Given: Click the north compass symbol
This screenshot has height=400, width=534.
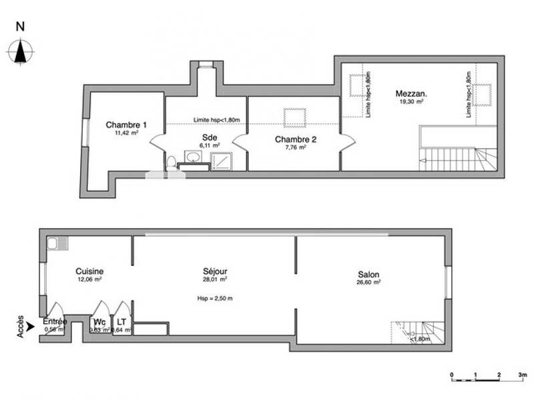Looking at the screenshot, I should click(21, 51).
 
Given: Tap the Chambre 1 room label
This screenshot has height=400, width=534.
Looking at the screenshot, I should click(125, 125).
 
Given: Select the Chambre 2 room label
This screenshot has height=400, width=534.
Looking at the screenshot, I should click(296, 139).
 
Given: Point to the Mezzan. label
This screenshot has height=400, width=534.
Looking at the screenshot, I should click(411, 94).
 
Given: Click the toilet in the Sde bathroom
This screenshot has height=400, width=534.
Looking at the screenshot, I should click(171, 161).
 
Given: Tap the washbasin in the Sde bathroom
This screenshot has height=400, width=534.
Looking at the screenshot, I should click(193, 157).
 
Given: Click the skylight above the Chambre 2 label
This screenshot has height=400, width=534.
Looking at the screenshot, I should click(294, 117).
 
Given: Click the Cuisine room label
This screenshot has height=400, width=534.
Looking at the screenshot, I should click(89, 271).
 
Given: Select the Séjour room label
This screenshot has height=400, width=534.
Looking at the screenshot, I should click(215, 271).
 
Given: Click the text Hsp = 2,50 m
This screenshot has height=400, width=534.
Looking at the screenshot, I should click(215, 298).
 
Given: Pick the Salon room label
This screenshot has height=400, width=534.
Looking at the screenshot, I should click(368, 274).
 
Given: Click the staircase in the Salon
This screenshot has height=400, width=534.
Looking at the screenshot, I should click(417, 331).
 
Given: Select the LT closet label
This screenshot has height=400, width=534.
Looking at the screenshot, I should click(121, 321).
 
